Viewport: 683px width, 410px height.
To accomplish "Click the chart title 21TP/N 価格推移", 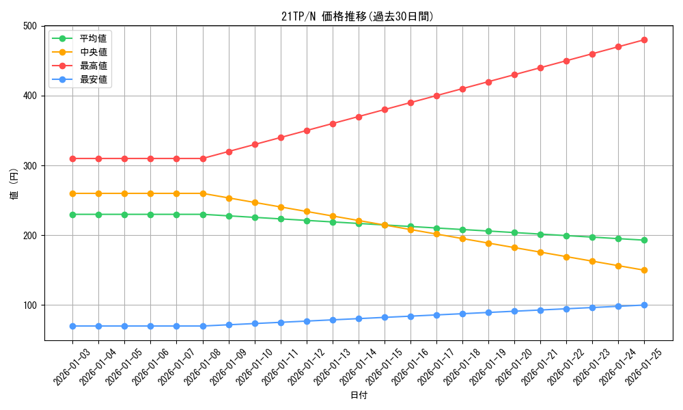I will pos(357,16).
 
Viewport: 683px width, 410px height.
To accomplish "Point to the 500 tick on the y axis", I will pos(30,26).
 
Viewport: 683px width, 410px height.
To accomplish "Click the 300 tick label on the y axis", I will pos(30,165).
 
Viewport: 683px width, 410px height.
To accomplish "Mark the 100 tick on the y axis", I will pos(30,305).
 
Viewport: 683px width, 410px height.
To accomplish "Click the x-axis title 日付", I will pos(359,396).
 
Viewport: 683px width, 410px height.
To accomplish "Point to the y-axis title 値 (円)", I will pos(14,183).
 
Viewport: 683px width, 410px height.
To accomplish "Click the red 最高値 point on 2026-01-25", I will pos(644,40).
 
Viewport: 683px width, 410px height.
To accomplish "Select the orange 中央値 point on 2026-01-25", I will pos(644,270).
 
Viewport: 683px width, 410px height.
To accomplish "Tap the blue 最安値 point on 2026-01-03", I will pos(72,326).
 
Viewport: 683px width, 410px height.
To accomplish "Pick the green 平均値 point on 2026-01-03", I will pos(72,215).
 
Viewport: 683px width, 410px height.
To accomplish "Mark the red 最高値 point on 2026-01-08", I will pos(203,159).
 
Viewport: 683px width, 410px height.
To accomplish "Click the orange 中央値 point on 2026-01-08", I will pos(203,193).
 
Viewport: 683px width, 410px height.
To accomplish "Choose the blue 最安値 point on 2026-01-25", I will pos(644,305).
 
